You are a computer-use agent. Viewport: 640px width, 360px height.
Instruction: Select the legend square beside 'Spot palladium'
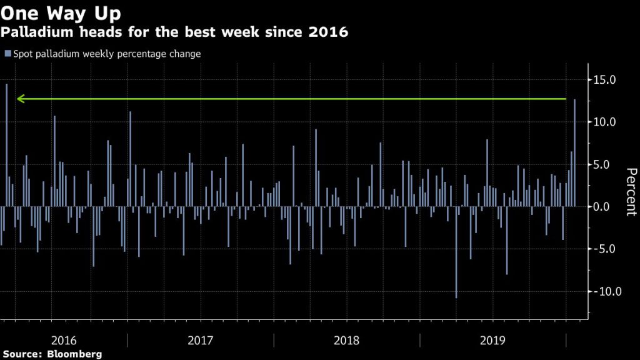click(7, 54)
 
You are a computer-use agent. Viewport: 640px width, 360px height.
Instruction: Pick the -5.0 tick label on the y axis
click(604, 249)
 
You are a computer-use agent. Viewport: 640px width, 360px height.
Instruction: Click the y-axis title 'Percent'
click(631, 191)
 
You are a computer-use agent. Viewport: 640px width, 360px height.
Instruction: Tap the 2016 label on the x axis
click(64, 341)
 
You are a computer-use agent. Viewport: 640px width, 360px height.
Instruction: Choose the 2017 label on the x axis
click(200, 341)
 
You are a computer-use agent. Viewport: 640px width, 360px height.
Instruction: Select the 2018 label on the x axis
click(347, 341)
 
